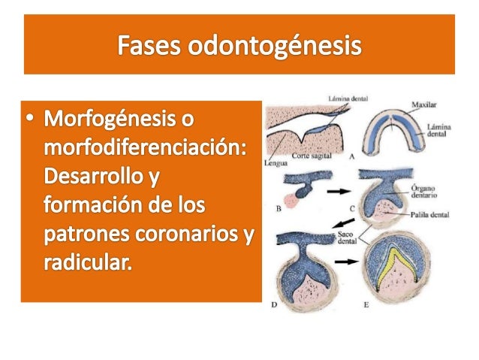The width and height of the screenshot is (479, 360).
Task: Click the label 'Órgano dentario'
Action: [427, 182]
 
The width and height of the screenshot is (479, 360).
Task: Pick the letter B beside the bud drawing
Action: [279, 208]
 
